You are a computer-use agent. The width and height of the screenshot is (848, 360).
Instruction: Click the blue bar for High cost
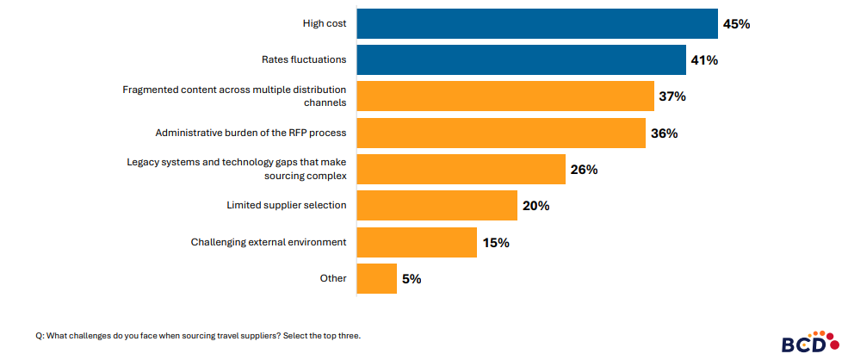[x=536, y=24]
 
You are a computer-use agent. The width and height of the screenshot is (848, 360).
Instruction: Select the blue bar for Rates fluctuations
[x=520, y=60]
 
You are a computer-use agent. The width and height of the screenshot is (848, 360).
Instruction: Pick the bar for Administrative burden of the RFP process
[x=500, y=133]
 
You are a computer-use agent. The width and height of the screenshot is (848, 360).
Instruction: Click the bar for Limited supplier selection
[x=436, y=206]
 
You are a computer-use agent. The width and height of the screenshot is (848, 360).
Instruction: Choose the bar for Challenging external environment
[x=416, y=243]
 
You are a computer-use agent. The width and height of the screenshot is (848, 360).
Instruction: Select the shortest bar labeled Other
[x=376, y=279]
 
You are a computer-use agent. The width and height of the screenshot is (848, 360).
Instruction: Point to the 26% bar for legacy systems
[x=461, y=170]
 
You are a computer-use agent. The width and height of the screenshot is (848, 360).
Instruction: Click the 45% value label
[x=736, y=24]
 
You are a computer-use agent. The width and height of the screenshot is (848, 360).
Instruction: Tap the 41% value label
[x=703, y=60]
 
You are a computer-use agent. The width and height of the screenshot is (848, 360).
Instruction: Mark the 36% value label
[x=664, y=133]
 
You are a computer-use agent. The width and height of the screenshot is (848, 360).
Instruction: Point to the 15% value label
[x=495, y=243]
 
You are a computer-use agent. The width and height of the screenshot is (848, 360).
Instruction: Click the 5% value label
[x=411, y=279]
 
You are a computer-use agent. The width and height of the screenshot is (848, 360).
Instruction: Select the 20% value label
[x=535, y=206]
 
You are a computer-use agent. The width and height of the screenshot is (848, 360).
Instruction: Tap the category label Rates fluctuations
[x=304, y=60]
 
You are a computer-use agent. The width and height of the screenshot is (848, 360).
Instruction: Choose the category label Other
[x=332, y=278]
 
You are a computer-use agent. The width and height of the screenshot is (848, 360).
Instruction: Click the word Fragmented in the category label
[x=152, y=90]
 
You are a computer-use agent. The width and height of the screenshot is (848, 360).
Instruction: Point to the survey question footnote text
[x=198, y=336]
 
